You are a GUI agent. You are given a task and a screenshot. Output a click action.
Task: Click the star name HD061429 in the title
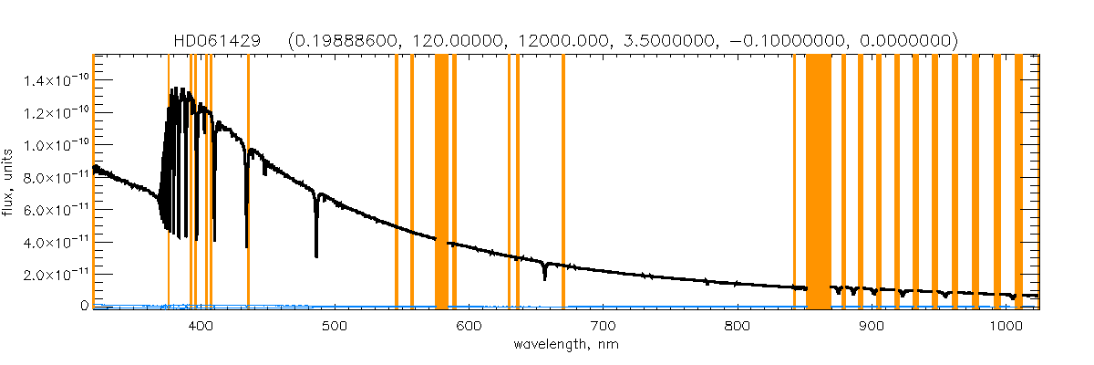(x=218, y=41)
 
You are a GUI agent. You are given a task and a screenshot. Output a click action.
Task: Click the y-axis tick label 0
(x=83, y=306)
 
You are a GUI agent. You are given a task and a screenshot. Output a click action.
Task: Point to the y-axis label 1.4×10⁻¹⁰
(x=56, y=80)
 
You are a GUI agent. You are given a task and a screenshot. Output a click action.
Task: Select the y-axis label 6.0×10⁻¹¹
(x=56, y=209)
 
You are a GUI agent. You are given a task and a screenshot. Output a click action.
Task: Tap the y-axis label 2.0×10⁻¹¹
(x=56, y=274)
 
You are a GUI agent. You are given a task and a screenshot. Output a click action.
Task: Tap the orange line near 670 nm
(x=563, y=182)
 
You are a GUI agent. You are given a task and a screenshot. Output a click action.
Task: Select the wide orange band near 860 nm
(x=818, y=182)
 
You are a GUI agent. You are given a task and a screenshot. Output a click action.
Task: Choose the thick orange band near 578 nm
(x=441, y=182)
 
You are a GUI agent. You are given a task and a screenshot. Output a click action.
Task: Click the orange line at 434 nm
(x=248, y=182)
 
